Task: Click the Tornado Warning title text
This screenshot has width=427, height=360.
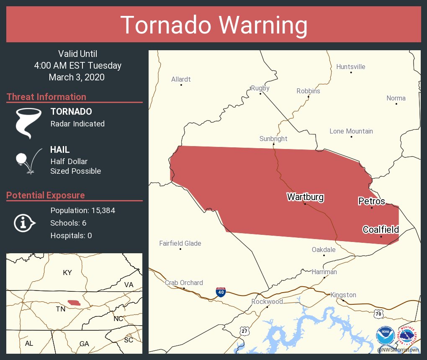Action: [x=213, y=25]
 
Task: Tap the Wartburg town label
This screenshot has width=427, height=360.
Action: [x=305, y=197]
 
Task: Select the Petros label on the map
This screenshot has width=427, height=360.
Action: [x=371, y=201]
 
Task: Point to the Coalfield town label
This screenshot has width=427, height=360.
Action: [x=381, y=229]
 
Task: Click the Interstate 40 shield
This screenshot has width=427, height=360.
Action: [x=221, y=292]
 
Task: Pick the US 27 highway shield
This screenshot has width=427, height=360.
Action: [x=244, y=331]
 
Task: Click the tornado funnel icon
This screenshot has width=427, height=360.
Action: [x=28, y=123]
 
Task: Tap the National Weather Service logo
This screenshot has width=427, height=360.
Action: [x=408, y=336]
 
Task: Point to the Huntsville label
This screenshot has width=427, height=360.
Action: [x=351, y=67]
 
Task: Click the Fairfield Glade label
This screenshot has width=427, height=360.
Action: [x=180, y=243]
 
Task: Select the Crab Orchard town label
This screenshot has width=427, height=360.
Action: [x=184, y=283]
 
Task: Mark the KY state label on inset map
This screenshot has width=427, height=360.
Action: [x=67, y=273]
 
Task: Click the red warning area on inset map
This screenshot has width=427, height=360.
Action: [x=75, y=302]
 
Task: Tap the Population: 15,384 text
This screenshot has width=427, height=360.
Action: [x=82, y=210]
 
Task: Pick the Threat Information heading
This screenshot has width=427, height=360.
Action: [x=46, y=97]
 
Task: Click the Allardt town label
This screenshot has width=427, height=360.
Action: [x=181, y=79]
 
